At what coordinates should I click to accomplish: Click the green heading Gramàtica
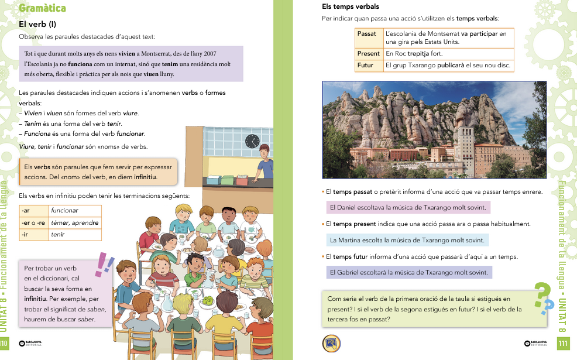(x=42, y=8)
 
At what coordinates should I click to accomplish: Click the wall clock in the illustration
(x=252, y=140)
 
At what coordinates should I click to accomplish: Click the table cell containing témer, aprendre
(x=74, y=222)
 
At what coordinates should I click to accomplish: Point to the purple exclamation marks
(x=105, y=265)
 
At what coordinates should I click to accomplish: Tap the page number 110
(x=5, y=343)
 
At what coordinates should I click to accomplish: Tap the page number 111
(x=563, y=343)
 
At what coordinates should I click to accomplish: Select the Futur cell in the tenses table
(x=368, y=66)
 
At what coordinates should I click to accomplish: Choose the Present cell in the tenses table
(x=369, y=53)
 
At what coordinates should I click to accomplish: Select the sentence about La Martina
(x=407, y=240)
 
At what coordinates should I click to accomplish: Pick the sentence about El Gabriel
(x=408, y=272)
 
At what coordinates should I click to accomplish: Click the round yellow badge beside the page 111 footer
(x=332, y=343)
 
